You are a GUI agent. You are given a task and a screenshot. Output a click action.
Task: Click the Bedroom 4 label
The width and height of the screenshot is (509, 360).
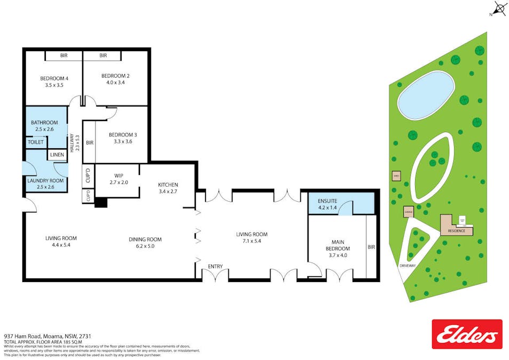(x=54, y=78)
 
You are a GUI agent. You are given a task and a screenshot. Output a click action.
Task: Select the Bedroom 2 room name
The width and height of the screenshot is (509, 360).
(x=116, y=76)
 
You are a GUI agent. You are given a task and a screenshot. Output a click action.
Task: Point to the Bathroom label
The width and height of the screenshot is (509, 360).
(x=44, y=123)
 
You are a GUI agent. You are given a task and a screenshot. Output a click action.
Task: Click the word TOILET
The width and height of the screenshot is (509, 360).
(x=36, y=142)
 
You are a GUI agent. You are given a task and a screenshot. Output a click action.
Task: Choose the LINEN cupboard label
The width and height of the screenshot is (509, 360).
(x=57, y=155)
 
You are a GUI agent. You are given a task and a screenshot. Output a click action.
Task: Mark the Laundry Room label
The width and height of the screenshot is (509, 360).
(x=45, y=181)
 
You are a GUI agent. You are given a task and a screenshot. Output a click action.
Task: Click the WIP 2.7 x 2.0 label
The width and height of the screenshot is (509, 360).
(x=118, y=178)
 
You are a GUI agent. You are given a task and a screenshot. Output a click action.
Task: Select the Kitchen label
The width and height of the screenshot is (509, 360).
(x=168, y=185)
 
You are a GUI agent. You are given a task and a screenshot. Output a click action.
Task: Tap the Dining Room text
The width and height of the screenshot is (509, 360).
(x=145, y=239)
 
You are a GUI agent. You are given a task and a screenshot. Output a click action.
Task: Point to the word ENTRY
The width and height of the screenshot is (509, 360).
(x=216, y=266)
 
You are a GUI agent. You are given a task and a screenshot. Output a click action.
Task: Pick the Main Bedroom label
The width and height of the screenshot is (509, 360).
(x=337, y=246)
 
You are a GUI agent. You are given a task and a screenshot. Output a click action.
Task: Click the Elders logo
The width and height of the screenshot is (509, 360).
(x=466, y=334)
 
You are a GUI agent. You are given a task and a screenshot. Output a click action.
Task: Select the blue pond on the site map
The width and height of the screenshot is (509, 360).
(x=426, y=95)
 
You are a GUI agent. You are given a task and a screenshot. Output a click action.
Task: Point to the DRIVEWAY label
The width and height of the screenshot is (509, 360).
(x=407, y=265)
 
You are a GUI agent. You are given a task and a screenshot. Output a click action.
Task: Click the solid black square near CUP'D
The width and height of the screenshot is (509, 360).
(x=101, y=203)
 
